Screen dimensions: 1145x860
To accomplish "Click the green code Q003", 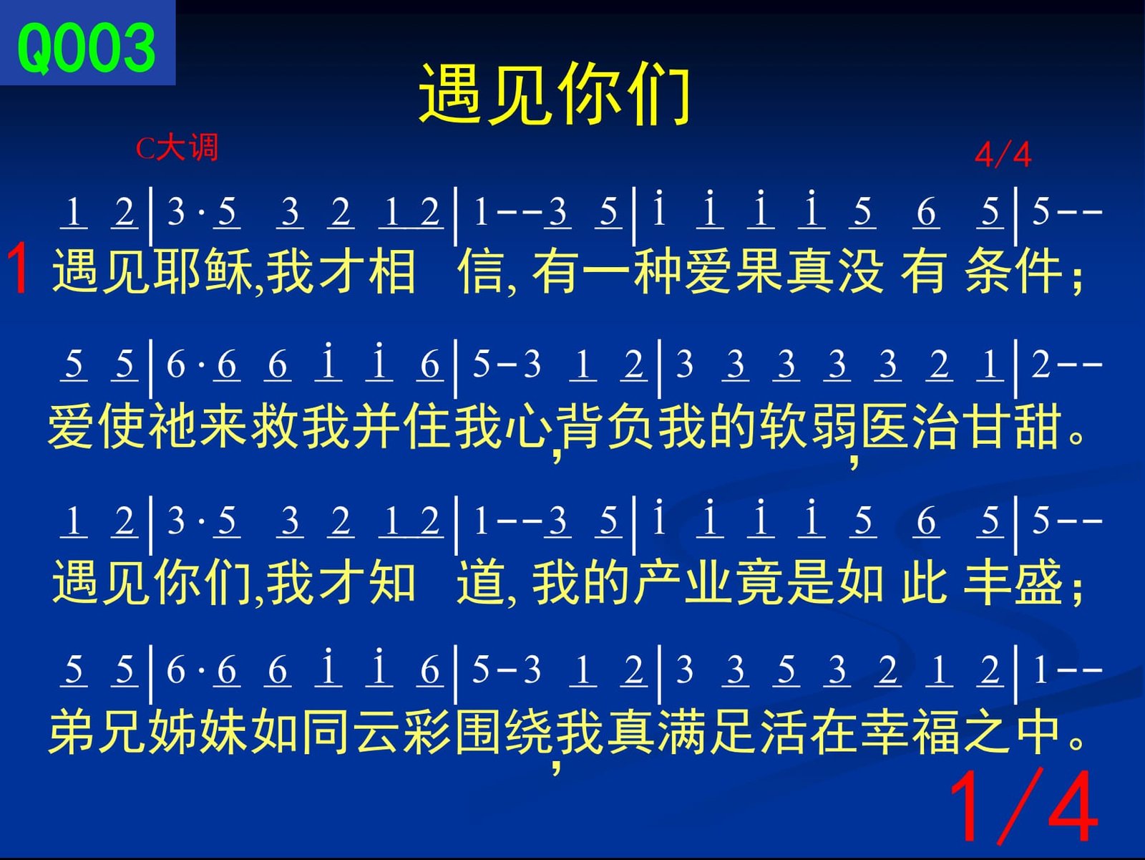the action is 87,48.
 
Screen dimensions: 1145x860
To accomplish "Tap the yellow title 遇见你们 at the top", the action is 555,94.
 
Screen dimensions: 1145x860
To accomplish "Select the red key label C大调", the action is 177,148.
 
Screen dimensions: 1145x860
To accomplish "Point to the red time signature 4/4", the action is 1003,155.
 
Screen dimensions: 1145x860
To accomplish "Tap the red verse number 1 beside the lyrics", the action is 19,269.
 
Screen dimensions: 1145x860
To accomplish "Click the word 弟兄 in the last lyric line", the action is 97,732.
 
